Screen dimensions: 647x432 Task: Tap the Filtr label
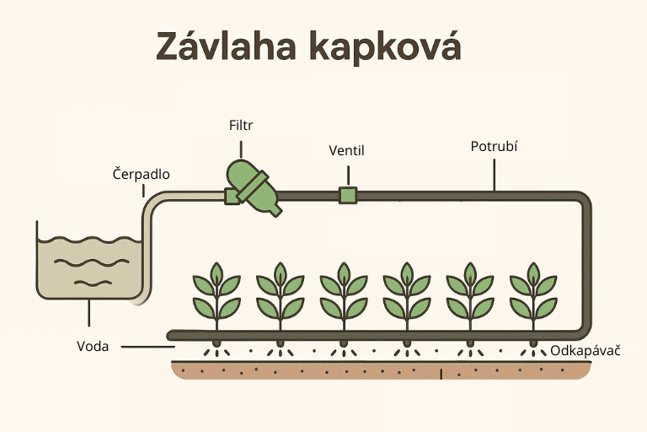pyautogui.click(x=241, y=126)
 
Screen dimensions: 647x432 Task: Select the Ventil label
pyautogui.click(x=346, y=151)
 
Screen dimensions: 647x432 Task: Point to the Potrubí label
pyautogui.click(x=494, y=146)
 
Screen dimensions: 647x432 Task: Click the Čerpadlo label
pyautogui.click(x=142, y=175)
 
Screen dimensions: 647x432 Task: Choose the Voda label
pyautogui.click(x=93, y=346)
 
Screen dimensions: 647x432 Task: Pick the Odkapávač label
pyautogui.click(x=586, y=349)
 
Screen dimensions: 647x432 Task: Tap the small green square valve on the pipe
pyautogui.click(x=346, y=196)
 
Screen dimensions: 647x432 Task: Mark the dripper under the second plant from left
pyautogui.click(x=280, y=344)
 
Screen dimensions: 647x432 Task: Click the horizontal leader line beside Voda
pyautogui.click(x=147, y=346)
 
